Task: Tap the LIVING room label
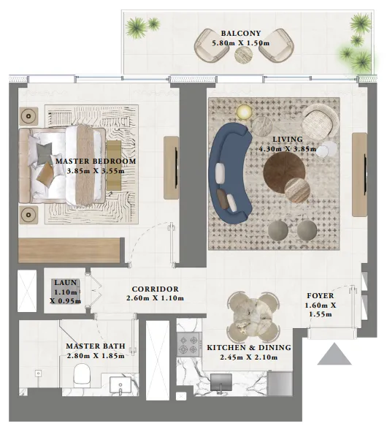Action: [x=287, y=138]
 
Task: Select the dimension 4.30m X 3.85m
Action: [x=287, y=149]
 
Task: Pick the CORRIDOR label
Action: [x=155, y=289]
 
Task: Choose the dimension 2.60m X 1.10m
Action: [x=155, y=298]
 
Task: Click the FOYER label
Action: [x=321, y=296]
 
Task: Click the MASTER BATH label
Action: [x=95, y=346]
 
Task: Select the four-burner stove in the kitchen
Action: [x=189, y=342]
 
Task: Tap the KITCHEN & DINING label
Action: [x=249, y=347]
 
